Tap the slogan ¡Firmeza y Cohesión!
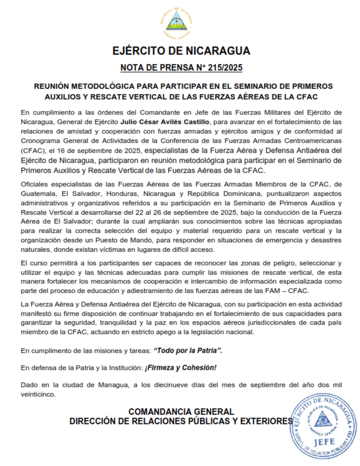[181, 367]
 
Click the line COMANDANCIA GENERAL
[181, 411]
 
